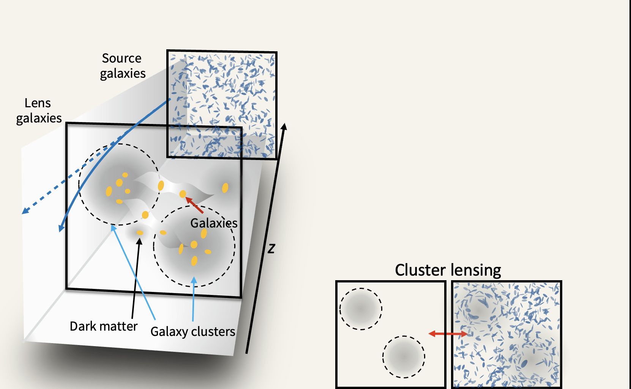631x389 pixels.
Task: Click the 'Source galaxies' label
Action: coord(122,66)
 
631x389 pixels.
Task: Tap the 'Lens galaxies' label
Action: coord(39,110)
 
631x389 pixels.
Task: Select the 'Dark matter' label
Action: coord(103,326)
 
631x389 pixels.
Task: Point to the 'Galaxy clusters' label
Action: coord(192,331)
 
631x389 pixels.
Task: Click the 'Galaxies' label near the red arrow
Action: coord(214,223)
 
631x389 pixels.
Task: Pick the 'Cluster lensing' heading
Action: coord(448,270)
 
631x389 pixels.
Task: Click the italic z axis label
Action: coord(271,249)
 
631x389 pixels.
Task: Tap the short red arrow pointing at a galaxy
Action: coord(194,205)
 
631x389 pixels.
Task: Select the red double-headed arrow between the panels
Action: coord(448,334)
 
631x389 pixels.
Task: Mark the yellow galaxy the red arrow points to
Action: coord(183,194)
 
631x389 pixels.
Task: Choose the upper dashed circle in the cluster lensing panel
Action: coord(361,309)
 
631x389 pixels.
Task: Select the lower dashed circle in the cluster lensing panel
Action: coord(404,356)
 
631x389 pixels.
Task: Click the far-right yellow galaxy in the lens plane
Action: coord(225,188)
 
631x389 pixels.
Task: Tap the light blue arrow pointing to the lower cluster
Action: coord(194,300)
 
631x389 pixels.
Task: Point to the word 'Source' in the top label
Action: coord(121,58)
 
